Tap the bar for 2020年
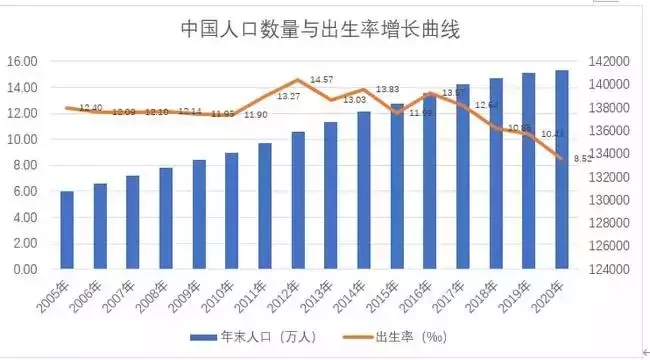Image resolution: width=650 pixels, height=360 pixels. click(x=562, y=170)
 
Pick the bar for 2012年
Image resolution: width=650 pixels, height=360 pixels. click(x=298, y=200)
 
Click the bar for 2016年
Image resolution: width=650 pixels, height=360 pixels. click(x=430, y=180)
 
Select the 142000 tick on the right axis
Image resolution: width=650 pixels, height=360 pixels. click(x=606, y=61)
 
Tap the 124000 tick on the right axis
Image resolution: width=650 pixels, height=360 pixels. click(x=606, y=269)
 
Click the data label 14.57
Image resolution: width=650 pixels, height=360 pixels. click(x=322, y=79)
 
